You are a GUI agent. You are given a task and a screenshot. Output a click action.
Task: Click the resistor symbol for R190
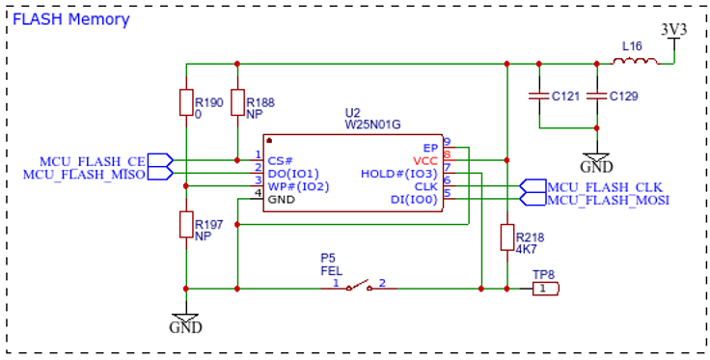click(x=186, y=102)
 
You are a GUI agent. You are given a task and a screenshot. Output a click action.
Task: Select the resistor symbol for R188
click(x=237, y=102)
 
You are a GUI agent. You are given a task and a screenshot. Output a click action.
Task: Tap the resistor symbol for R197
click(x=186, y=224)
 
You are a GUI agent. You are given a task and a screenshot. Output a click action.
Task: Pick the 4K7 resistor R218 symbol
click(x=507, y=236)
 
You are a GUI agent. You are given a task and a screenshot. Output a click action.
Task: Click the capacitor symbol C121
click(x=539, y=96)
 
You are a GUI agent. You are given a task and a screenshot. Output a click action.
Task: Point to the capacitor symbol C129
click(x=597, y=96)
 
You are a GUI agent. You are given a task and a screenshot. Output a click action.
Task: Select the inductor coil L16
click(x=636, y=61)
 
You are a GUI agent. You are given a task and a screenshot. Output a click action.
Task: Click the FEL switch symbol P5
click(x=360, y=286)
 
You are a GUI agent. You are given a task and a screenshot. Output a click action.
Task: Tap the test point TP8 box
click(x=546, y=288)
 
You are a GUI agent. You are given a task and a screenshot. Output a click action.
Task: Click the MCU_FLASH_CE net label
click(x=93, y=161)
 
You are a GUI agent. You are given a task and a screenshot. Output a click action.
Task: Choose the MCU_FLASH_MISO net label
click(x=84, y=175)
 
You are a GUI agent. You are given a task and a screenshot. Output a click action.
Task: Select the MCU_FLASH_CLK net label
click(x=605, y=187)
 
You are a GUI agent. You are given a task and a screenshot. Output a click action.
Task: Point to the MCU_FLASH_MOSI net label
click(x=609, y=200)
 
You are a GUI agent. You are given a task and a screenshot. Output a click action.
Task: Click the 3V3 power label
click(x=674, y=30)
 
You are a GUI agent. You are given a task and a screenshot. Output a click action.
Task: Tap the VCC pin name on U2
click(x=424, y=161)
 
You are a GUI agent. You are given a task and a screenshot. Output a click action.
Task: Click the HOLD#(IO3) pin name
click(x=399, y=174)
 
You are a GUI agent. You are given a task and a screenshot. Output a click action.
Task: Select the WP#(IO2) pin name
click(x=298, y=186)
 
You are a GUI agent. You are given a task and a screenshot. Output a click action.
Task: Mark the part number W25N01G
click(x=372, y=125)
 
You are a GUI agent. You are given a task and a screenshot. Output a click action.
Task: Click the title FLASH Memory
click(x=71, y=19)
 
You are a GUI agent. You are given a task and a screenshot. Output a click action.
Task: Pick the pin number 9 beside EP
click(x=447, y=142)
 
